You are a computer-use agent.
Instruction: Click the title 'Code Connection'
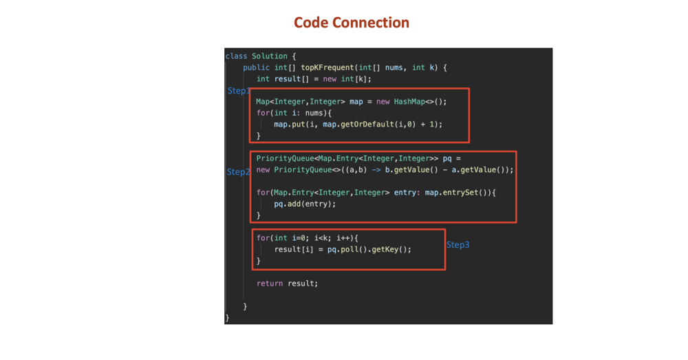coord(351,23)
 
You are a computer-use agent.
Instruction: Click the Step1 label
coord(238,90)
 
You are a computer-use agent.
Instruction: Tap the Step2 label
coord(237,172)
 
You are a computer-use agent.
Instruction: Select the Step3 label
coord(458,244)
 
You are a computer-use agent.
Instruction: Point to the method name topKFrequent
coord(327,67)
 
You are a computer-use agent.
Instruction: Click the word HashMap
coord(410,101)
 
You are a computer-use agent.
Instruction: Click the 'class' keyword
coord(236,56)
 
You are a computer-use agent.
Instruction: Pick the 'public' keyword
coord(257,67)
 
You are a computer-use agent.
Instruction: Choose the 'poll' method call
coord(353,249)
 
